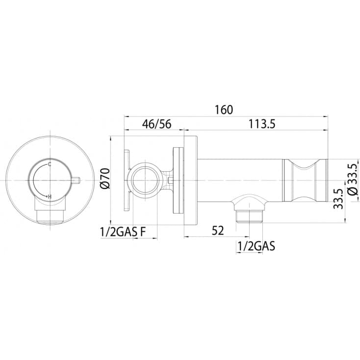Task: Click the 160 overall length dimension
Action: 224,110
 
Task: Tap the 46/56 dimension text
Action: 156,124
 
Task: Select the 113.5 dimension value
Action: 262,124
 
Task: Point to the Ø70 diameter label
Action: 105,179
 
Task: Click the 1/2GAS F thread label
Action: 123,232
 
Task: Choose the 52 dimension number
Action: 218,231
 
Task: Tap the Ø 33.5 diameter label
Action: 353,179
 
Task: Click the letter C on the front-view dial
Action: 50,164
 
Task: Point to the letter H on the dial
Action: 50,197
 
